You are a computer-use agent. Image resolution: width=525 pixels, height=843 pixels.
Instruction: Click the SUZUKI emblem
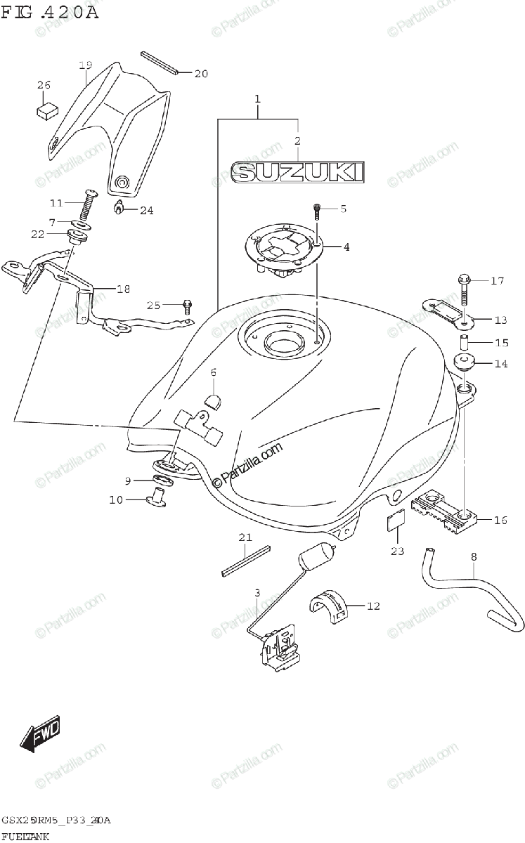coord(298,173)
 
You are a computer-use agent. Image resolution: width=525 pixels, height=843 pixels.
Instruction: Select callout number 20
coord(202,73)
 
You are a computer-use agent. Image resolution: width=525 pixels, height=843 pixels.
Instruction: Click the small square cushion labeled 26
coord(47,109)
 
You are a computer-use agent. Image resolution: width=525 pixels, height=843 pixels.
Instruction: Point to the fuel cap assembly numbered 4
coord(282,249)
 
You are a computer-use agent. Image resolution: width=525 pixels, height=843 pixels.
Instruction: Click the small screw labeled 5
coord(317,209)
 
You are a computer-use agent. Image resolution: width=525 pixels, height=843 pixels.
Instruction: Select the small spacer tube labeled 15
coord(464,344)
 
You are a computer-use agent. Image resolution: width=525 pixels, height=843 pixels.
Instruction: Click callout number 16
coord(500,520)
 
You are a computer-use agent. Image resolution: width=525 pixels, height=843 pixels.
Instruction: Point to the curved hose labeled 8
coord(464,583)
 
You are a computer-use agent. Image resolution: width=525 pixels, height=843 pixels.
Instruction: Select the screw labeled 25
coord(187,306)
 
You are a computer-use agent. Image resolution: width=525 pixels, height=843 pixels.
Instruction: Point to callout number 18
coord(124,289)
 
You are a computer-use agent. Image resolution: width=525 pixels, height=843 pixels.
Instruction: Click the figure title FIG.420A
coord(50,12)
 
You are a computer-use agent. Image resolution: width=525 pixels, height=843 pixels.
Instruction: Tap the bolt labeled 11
coord(89,204)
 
